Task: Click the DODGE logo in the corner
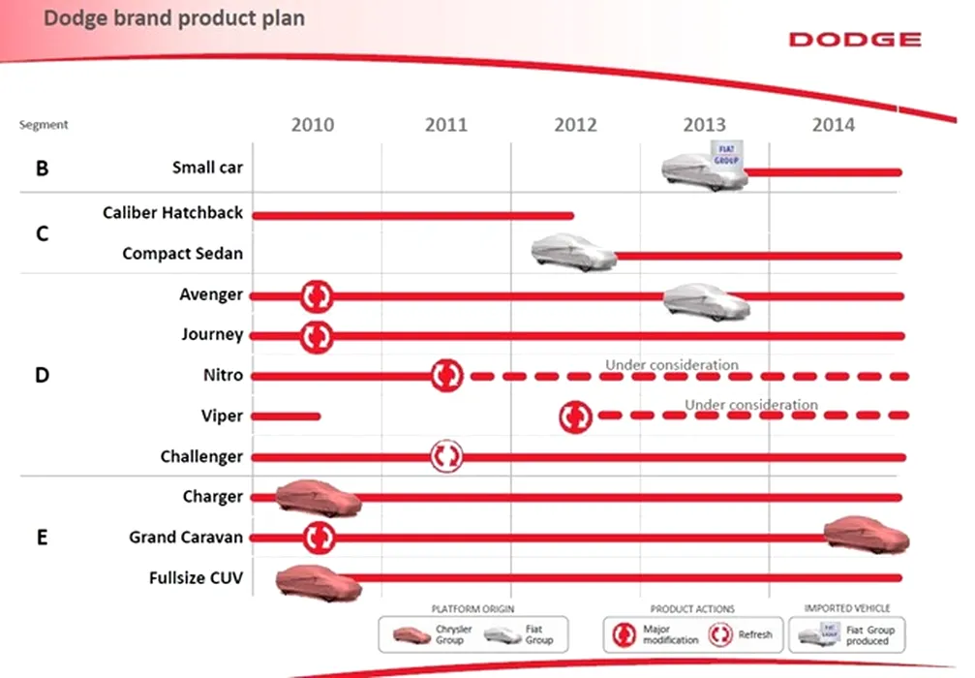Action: click(x=855, y=40)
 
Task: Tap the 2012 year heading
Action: click(x=575, y=125)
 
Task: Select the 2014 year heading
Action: click(x=834, y=125)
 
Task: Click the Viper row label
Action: click(x=222, y=416)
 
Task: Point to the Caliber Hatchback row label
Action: click(x=173, y=213)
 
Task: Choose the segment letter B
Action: click(x=43, y=169)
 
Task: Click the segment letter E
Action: click(x=42, y=538)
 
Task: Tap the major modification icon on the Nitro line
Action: click(x=446, y=376)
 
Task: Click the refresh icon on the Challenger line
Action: click(x=446, y=456)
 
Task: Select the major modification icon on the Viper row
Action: click(x=575, y=416)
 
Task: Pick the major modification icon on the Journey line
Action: click(x=317, y=336)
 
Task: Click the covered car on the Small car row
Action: click(x=705, y=167)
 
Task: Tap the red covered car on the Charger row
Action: click(x=319, y=498)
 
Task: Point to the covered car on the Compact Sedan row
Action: click(x=573, y=253)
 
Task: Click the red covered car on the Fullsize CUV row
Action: click(x=319, y=583)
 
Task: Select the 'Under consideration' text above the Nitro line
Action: click(x=672, y=365)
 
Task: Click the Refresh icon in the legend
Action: click(x=720, y=634)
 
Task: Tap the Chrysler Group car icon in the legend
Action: click(x=411, y=635)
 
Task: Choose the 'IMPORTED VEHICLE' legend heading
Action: click(x=847, y=608)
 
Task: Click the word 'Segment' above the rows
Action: click(x=44, y=124)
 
